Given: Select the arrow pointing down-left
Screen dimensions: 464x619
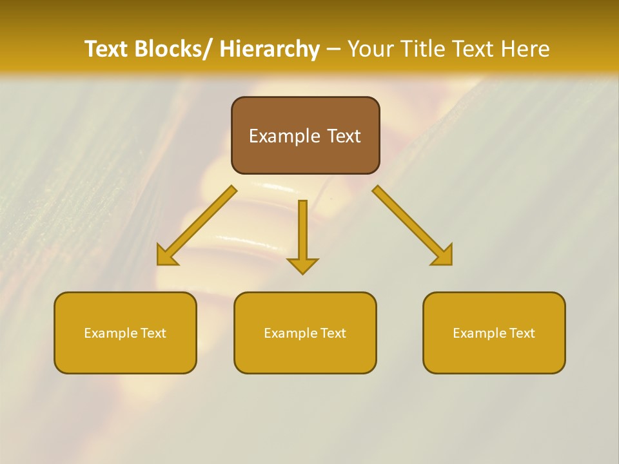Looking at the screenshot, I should pyautogui.click(x=197, y=226).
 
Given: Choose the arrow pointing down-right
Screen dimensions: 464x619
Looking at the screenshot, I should pyautogui.click(x=411, y=226).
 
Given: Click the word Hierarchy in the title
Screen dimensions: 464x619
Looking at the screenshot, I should pyautogui.click(x=270, y=49).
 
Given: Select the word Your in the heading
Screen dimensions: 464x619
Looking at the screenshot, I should pyautogui.click(x=370, y=49).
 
